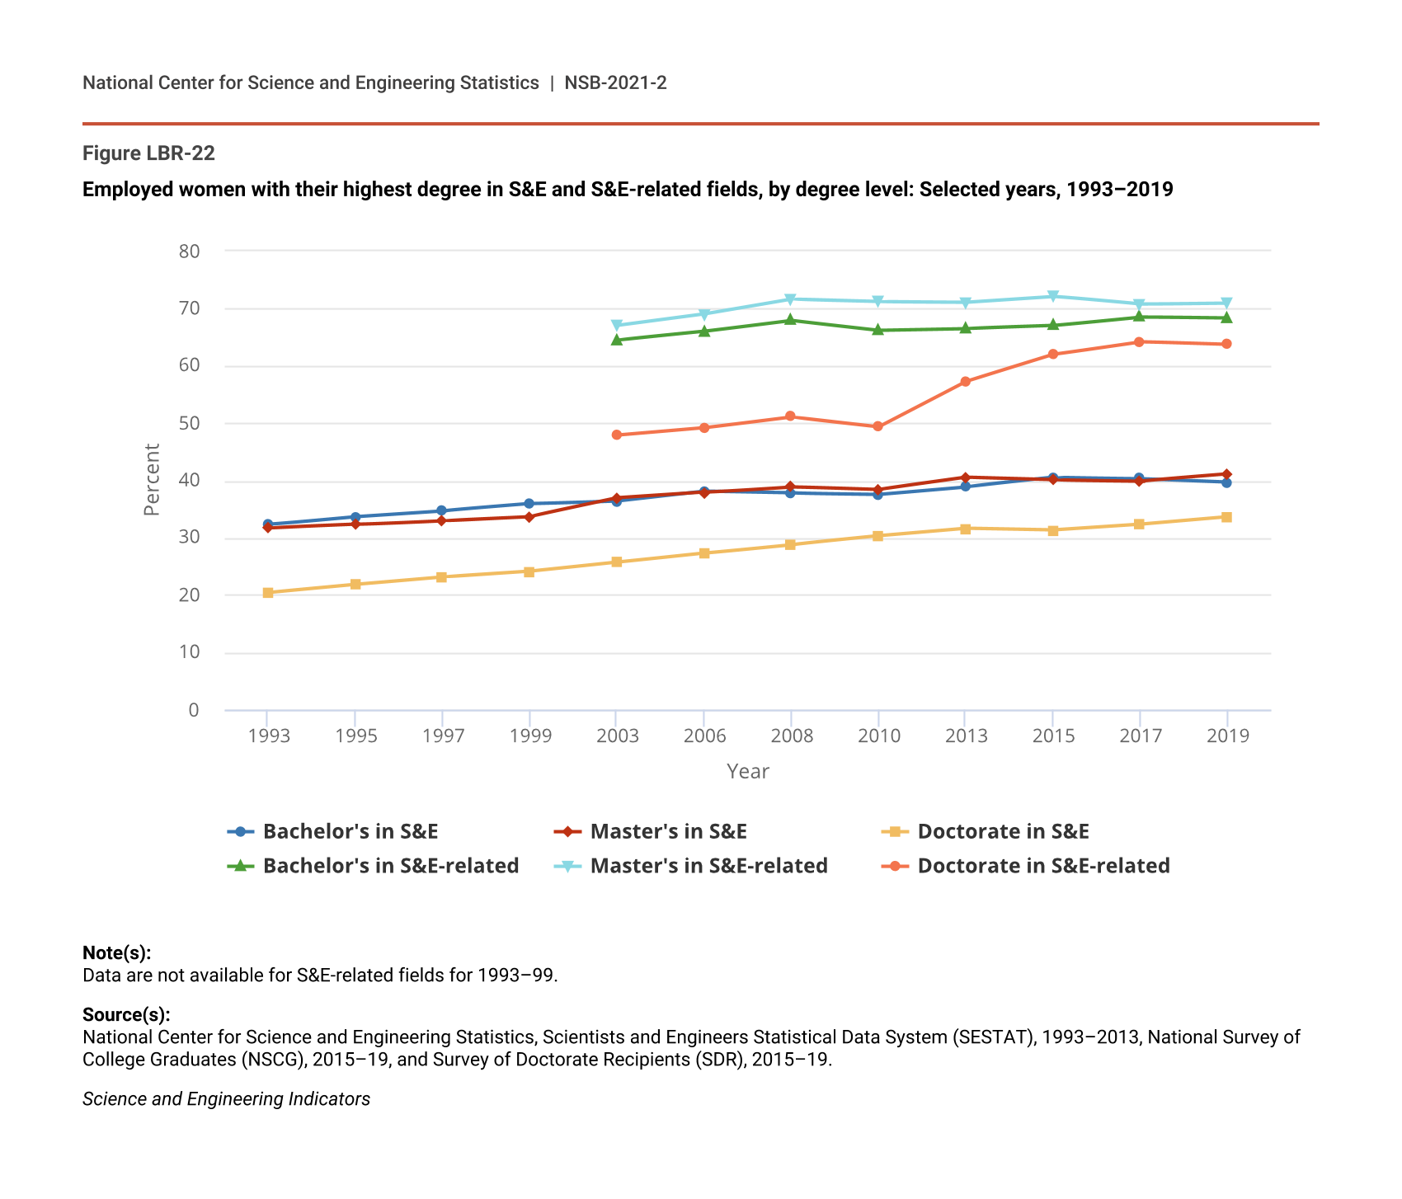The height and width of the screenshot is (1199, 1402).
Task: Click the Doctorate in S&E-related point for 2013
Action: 965,382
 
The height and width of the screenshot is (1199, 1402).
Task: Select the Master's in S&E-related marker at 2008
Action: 790,299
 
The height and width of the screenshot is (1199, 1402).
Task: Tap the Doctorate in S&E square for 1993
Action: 268,593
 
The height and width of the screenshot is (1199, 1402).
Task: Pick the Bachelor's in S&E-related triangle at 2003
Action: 616,339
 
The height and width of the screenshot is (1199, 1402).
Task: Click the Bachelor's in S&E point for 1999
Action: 529,504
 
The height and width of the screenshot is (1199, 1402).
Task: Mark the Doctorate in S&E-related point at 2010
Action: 877,426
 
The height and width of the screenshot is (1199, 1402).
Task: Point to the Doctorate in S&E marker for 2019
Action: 1226,517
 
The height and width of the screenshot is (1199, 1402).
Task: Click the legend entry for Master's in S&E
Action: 668,831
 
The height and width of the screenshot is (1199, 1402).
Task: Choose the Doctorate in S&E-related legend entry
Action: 1043,866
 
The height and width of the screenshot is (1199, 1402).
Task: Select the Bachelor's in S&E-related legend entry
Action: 390,866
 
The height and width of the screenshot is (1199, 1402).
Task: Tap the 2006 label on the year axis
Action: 704,736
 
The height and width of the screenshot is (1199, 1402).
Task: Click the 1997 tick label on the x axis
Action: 443,736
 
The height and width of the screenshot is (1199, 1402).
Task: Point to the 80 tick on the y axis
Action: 189,252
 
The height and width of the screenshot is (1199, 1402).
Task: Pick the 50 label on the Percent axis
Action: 189,424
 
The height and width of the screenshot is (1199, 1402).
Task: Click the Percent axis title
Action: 152,480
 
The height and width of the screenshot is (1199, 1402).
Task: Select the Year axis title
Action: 747,772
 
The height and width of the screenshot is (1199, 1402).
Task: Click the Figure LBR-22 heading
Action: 148,153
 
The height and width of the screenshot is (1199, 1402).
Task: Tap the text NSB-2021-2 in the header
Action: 615,82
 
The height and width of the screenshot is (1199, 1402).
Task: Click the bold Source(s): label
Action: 126,1015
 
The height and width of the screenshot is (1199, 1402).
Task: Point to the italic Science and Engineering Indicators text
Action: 226,1099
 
